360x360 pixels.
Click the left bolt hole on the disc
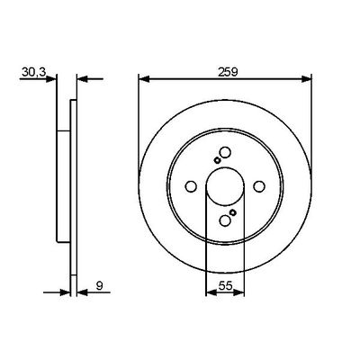pyautogui.click(x=191, y=186)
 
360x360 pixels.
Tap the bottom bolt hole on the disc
pyautogui.click(x=224, y=220)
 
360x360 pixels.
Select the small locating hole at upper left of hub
pyautogui.click(x=216, y=161)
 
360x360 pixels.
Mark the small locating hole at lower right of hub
pyautogui.click(x=233, y=212)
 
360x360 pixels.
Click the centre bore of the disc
pyautogui.click(x=224, y=186)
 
